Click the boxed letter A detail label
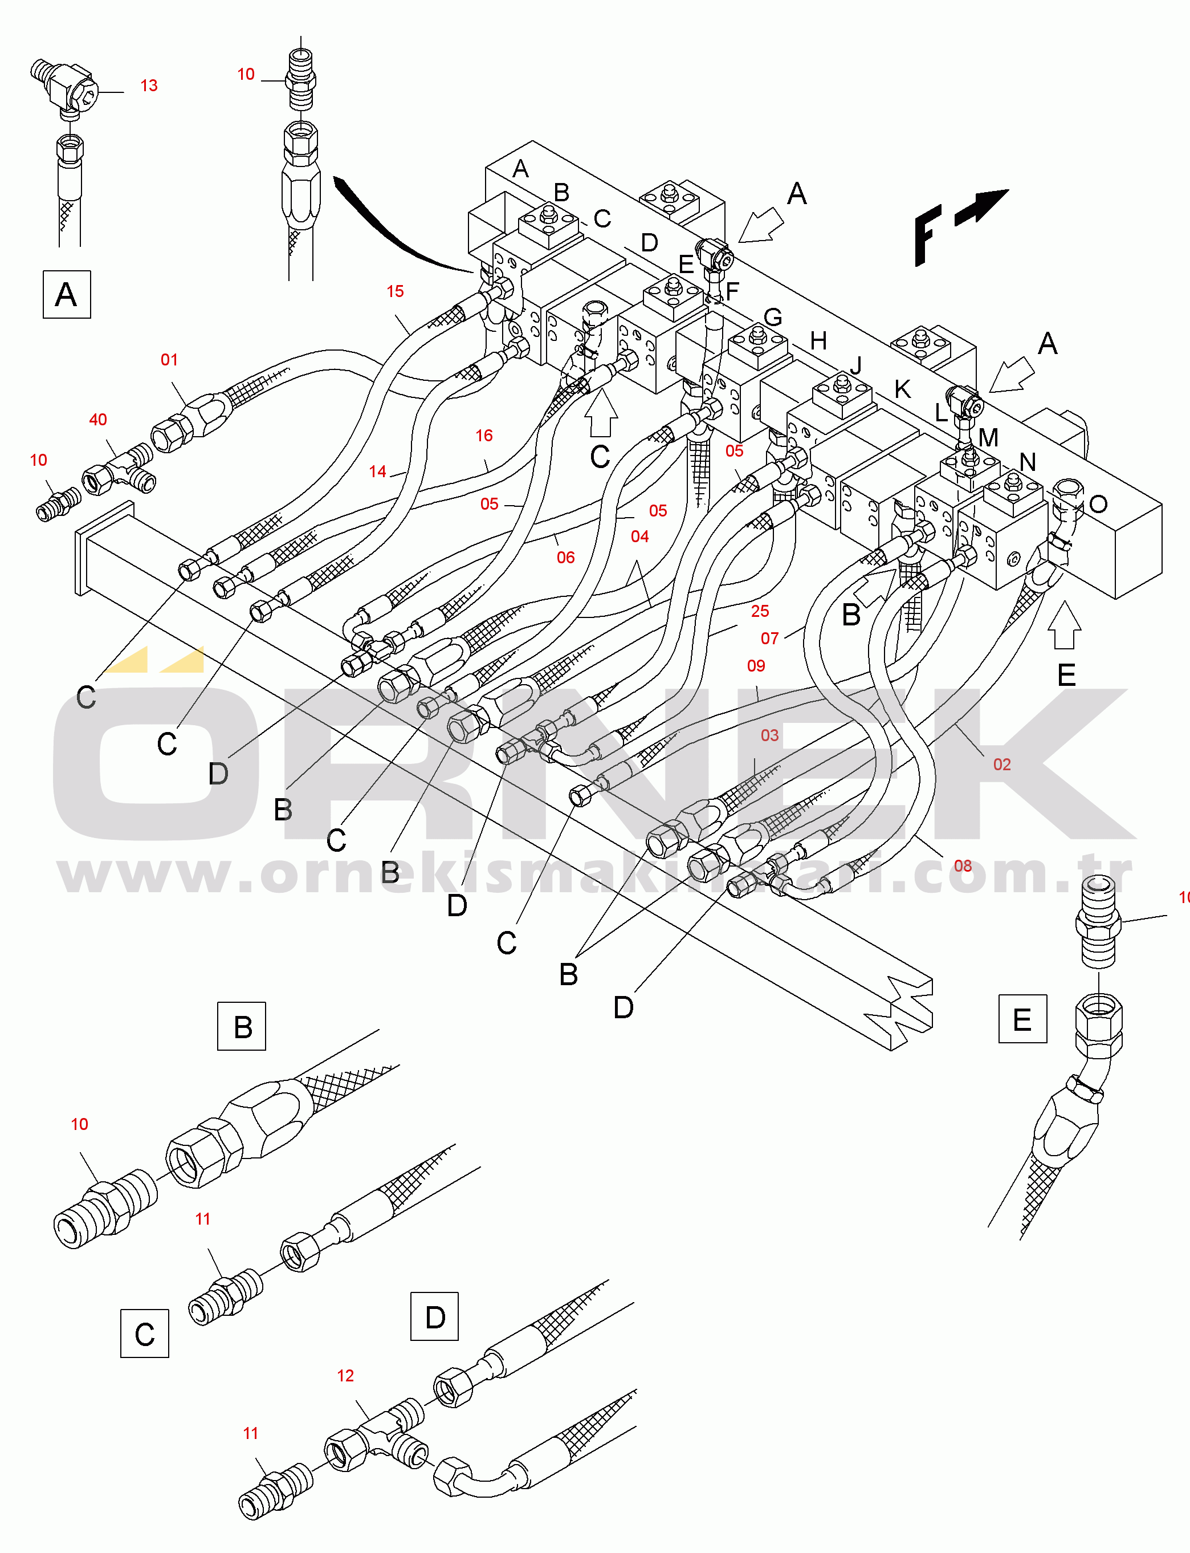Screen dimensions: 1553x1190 [x=67, y=294]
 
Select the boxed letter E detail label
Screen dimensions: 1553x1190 [x=1022, y=1019]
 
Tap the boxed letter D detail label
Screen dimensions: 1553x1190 [x=434, y=1316]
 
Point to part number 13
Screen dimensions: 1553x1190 [x=149, y=86]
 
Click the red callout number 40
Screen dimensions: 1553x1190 [x=98, y=420]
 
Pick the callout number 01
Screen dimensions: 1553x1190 [x=169, y=360]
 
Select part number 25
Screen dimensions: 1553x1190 [x=760, y=611]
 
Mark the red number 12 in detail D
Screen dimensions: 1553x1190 [x=345, y=1375]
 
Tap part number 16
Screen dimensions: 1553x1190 [x=484, y=436]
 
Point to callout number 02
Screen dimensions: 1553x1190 [x=1001, y=765]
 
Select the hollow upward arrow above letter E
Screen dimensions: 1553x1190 [x=1064, y=625]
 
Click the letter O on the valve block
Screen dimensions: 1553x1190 [x=1098, y=505]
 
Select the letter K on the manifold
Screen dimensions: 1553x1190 [x=902, y=389]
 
